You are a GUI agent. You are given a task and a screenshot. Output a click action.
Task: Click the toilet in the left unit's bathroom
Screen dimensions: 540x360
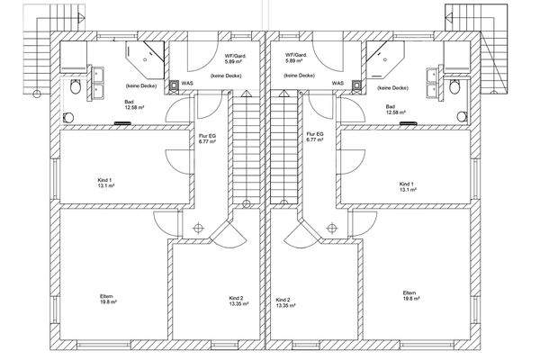(x=75, y=86)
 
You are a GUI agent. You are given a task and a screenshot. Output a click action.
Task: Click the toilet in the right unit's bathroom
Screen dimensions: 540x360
(x=454, y=87)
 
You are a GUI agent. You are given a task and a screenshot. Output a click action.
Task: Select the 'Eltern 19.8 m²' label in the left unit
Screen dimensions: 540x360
(x=108, y=299)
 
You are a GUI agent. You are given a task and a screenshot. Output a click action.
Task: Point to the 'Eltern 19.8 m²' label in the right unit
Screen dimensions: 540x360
(x=411, y=295)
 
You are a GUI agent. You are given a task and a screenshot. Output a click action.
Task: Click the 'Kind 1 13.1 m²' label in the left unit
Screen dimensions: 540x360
(x=105, y=183)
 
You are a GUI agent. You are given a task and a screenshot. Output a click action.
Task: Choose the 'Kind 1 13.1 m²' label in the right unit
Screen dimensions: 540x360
(x=408, y=186)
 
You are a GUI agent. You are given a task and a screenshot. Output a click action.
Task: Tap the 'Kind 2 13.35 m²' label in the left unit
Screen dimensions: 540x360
(x=238, y=301)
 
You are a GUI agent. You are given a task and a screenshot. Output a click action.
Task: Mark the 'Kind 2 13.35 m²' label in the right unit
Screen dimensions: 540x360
(x=286, y=302)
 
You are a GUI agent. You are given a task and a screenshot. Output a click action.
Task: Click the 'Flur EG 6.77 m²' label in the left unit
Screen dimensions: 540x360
(x=207, y=139)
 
